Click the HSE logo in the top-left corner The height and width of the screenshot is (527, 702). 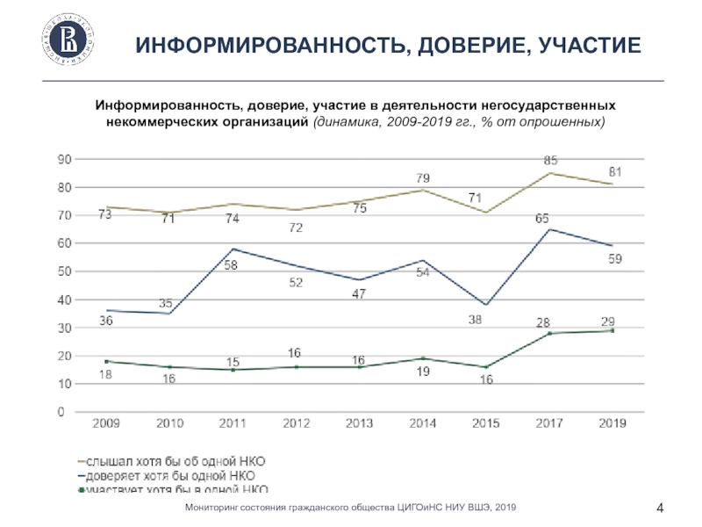68,40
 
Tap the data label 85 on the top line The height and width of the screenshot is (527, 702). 550,161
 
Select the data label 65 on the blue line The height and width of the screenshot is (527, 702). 543,217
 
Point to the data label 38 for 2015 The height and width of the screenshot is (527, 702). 475,320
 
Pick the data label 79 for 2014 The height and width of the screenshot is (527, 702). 423,178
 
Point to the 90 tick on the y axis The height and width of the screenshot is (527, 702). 64,160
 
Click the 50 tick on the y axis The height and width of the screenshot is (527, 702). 64,271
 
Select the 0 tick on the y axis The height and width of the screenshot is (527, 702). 61,412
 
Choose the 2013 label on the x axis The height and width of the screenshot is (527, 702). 360,423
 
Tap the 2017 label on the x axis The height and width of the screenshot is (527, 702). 550,423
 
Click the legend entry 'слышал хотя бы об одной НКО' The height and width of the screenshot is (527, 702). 181,460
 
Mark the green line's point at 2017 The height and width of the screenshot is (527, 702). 549,334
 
